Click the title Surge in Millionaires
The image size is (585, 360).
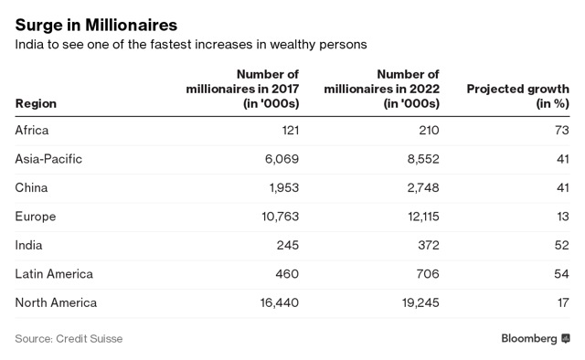coord(96,26)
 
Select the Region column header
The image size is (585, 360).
coord(36,103)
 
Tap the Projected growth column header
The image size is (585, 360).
coord(518,96)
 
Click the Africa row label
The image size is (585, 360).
coord(32,130)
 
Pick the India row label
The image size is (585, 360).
coord(28,245)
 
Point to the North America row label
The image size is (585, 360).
coord(56,302)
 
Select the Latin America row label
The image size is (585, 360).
coord(54,274)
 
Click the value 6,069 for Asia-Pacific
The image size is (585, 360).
coord(282,159)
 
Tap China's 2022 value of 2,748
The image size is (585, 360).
coord(423,187)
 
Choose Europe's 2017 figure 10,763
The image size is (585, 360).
coord(281,217)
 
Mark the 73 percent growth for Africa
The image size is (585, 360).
coord(562,130)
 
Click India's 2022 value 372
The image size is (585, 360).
coord(429,245)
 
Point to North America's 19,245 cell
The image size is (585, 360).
coord(420,302)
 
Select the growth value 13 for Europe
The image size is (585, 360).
coord(563,217)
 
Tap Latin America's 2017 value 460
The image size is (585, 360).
coord(287,274)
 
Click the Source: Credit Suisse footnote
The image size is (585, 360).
coord(69,339)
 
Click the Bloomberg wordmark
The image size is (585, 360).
coord(529,338)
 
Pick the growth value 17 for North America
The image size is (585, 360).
coord(563,302)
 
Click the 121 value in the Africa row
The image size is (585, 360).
coord(291,130)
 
